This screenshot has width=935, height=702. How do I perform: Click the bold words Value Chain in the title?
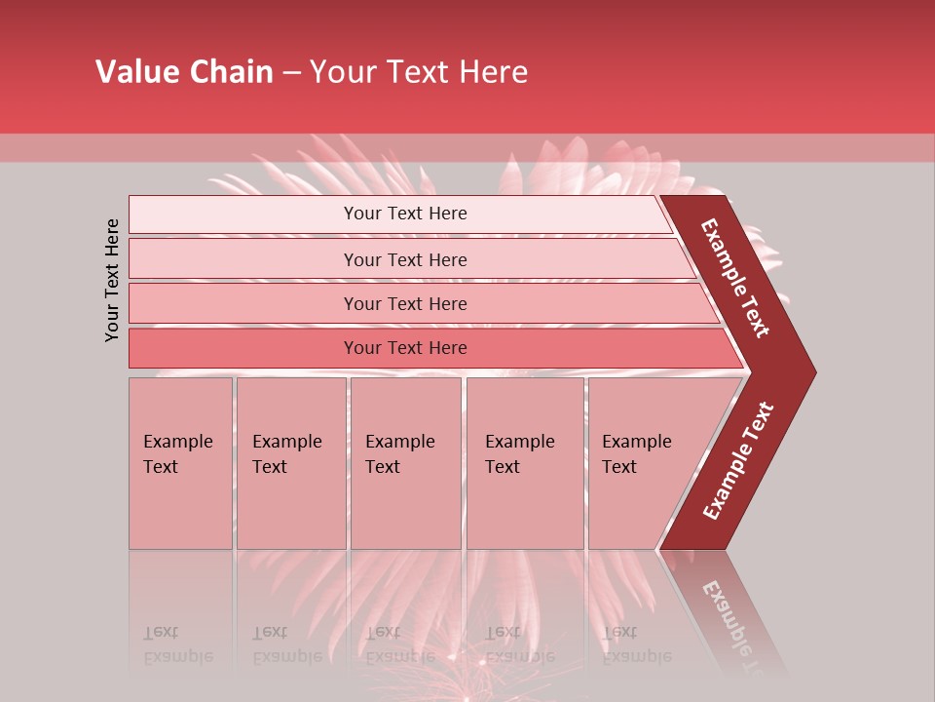184,72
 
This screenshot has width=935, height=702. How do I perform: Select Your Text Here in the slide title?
419,72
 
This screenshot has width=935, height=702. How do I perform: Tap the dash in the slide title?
291,73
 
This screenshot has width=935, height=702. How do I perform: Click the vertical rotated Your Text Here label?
112,280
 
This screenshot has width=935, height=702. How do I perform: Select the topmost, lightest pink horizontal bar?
399,214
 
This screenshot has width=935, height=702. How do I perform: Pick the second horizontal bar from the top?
409,259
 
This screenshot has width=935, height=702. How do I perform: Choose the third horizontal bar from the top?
419,303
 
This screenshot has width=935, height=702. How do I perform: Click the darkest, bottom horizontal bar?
429,348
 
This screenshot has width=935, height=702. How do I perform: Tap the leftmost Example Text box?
180,463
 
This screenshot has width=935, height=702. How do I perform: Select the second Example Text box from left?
291,463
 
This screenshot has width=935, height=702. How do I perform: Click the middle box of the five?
405,463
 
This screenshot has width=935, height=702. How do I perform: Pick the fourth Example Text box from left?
525,463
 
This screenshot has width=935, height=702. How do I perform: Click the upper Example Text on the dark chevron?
736,278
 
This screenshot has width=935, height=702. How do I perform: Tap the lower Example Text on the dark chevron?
738,461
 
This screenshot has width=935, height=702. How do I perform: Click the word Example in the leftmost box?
177,442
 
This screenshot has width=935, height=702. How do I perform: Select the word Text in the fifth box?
618,467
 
